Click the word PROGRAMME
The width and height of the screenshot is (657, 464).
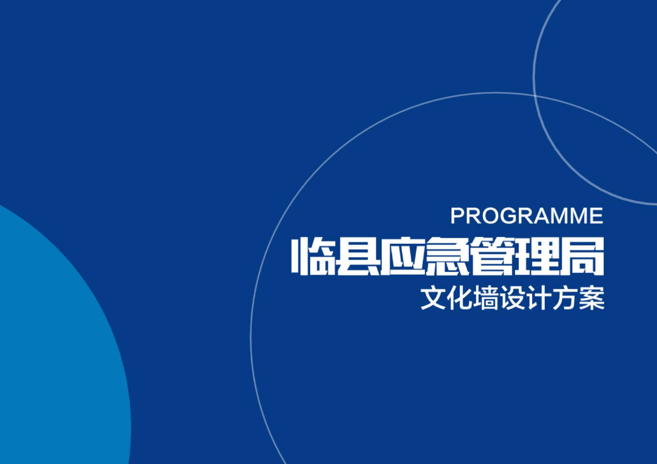click(527, 215)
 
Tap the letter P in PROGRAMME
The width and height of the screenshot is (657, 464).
click(458, 215)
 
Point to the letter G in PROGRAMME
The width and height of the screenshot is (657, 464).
click(507, 215)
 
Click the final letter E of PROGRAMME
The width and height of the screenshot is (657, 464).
click(596, 215)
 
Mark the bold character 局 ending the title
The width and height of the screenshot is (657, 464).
click(582, 256)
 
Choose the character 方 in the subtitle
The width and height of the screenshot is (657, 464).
click(565, 298)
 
